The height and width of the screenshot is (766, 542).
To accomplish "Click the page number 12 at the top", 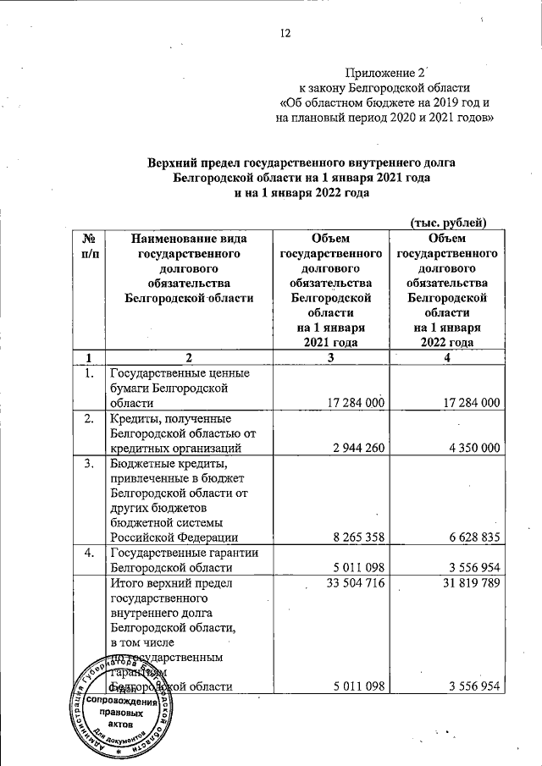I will [x=285, y=34].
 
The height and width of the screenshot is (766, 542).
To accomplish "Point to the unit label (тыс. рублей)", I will [x=447, y=223].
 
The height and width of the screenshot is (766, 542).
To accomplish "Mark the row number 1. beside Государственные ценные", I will [x=88, y=373].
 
